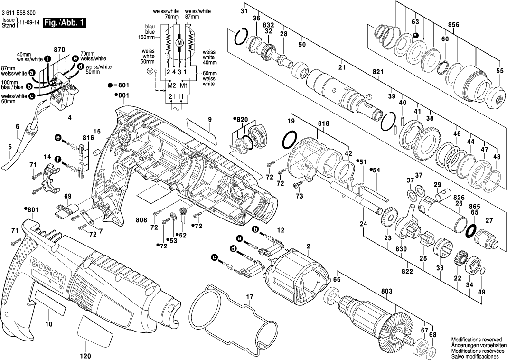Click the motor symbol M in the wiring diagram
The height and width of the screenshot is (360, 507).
tap(179, 43)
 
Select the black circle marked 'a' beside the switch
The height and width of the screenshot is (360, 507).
tap(32, 73)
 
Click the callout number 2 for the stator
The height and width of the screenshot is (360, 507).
tap(309, 246)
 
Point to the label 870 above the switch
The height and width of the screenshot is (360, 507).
tap(59, 49)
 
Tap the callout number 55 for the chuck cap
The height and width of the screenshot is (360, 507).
tap(499, 71)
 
